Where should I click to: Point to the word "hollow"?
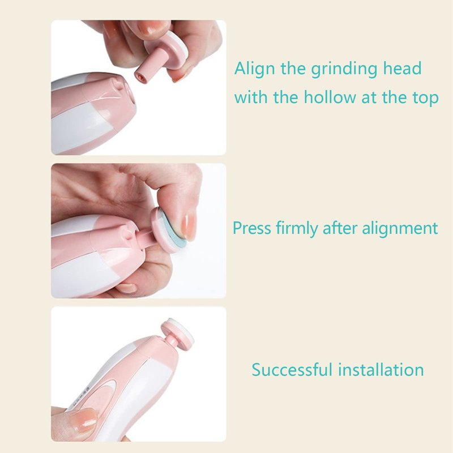click(x=330, y=97)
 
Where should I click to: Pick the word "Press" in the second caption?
click(x=252, y=228)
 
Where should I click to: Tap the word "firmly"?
click(x=297, y=229)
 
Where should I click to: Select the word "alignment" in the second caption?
click(x=400, y=228)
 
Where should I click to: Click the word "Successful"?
click(x=292, y=370)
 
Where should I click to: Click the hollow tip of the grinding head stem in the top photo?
click(x=140, y=76)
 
